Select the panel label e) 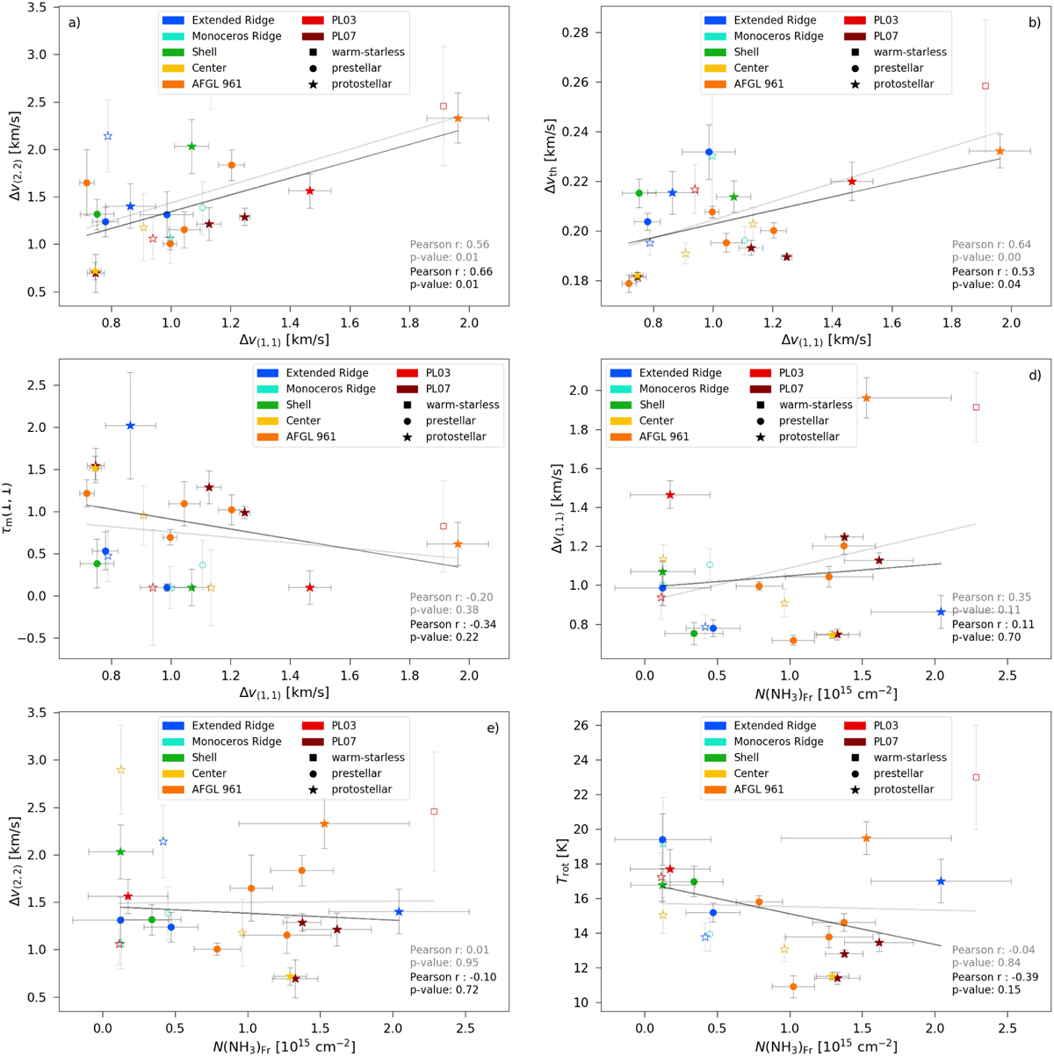[493, 728]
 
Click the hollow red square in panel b [985, 85]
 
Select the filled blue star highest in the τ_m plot [130, 426]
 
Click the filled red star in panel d [670, 495]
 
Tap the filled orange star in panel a [458, 119]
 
